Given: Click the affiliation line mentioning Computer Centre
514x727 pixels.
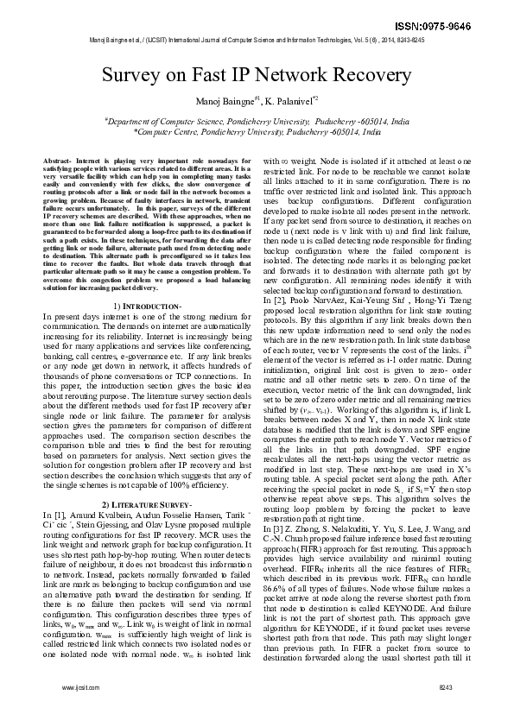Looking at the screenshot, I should [x=257, y=133].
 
